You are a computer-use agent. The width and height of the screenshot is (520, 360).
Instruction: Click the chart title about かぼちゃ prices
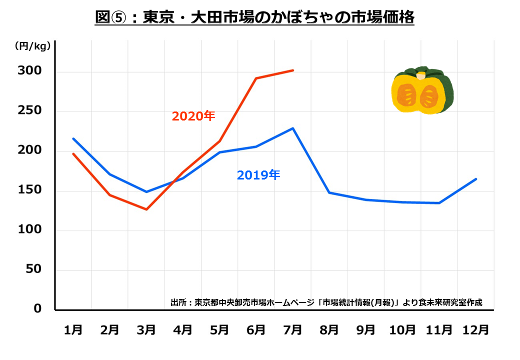click(x=254, y=17)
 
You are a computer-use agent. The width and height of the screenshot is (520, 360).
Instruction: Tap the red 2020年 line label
click(x=193, y=116)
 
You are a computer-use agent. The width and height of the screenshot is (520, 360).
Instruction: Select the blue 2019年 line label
click(x=258, y=175)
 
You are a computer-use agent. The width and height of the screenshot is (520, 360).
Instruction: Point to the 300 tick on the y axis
click(x=31, y=72)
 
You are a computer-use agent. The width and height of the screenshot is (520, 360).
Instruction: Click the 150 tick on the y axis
click(x=31, y=191)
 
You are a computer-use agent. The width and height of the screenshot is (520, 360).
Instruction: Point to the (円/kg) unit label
click(x=31, y=46)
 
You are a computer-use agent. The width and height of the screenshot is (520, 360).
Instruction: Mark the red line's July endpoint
click(x=293, y=70)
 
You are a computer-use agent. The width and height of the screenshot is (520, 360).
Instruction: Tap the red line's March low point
click(x=146, y=209)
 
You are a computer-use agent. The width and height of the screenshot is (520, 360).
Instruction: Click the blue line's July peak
click(x=293, y=128)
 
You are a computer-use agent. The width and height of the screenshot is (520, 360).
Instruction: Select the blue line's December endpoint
click(x=475, y=179)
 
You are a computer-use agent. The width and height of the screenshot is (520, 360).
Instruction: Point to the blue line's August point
click(x=329, y=192)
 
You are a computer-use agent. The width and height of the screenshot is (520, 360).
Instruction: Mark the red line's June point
click(x=256, y=78)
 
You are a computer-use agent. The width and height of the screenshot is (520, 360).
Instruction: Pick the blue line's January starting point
click(x=73, y=138)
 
